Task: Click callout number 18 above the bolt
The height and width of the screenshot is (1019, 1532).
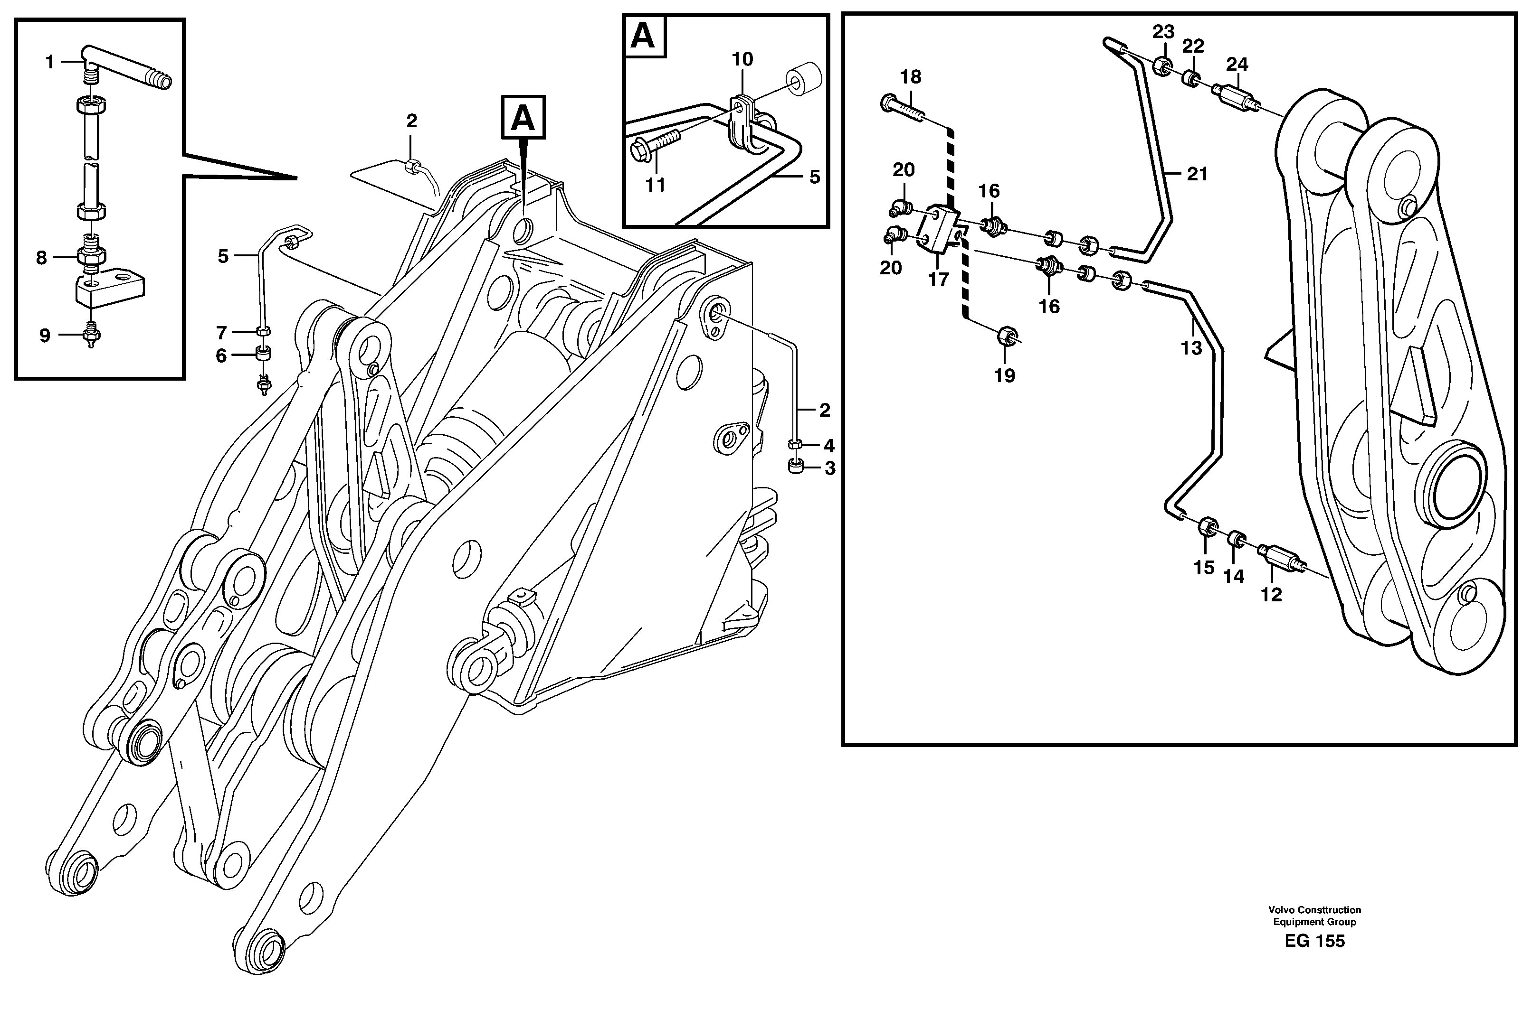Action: [910, 77]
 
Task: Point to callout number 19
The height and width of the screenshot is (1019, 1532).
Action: [1004, 375]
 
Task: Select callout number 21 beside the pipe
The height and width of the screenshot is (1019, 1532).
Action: [1197, 174]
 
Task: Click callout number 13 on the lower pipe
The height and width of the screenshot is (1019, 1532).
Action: [1191, 348]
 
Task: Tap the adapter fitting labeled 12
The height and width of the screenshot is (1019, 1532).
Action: [1279, 559]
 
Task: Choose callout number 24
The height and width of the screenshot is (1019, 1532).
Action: [1237, 65]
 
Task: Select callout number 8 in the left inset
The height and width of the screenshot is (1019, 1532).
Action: [42, 258]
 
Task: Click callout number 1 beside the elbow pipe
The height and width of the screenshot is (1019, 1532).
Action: [49, 62]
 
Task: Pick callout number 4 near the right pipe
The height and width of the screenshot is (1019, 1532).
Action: [828, 446]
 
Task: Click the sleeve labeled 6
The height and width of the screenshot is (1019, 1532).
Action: [263, 355]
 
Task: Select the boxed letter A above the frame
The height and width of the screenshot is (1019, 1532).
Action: [523, 118]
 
